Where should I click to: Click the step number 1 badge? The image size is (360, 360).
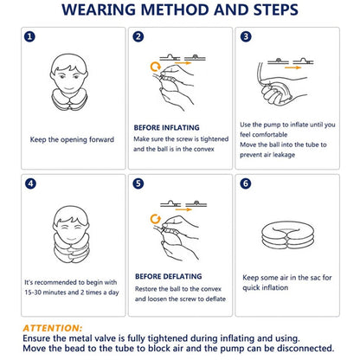tap(30, 37)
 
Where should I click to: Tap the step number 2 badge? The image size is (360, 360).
tap(138, 37)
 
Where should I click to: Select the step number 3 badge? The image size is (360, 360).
tap(247, 37)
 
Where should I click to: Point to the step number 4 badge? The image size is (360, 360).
tap(30, 184)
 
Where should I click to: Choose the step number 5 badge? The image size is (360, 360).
tap(138, 184)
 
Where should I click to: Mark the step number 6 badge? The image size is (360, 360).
tap(247, 184)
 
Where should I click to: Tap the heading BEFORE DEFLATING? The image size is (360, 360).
tap(166, 276)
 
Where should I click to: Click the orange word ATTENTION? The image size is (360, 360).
tap(53, 328)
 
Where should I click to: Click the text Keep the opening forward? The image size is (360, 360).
tap(72, 138)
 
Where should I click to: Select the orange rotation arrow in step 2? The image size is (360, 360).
tap(155, 65)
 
